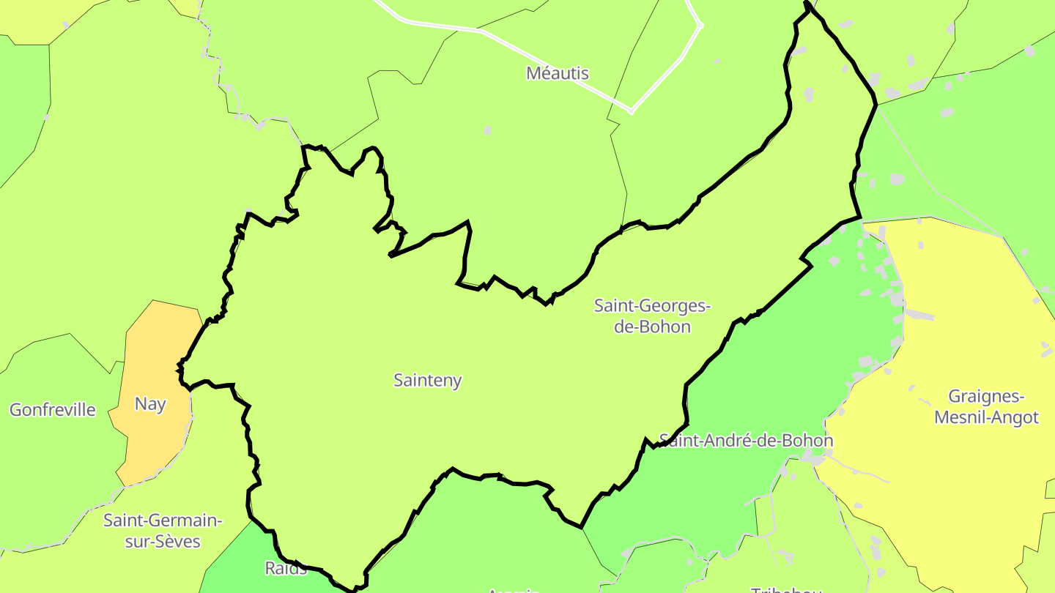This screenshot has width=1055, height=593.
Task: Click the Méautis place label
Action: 558,73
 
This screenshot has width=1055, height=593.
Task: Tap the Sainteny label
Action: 427,380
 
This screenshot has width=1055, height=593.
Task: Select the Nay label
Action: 150,404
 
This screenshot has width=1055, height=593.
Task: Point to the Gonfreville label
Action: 53,409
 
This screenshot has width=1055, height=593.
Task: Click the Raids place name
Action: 286,568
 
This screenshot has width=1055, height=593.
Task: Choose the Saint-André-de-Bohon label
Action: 746,441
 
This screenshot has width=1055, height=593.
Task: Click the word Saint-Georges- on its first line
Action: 652,306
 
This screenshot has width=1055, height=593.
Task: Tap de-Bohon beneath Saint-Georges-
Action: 652,327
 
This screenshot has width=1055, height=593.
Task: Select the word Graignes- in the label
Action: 985,397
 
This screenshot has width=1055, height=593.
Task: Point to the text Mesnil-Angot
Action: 993,417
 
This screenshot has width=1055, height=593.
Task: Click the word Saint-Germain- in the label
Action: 162,521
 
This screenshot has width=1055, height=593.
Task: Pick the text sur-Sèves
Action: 162,542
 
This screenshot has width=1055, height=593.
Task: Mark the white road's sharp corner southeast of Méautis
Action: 631,112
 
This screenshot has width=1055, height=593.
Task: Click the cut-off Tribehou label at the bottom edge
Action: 785,589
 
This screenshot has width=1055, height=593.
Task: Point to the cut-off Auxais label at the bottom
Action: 513,589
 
